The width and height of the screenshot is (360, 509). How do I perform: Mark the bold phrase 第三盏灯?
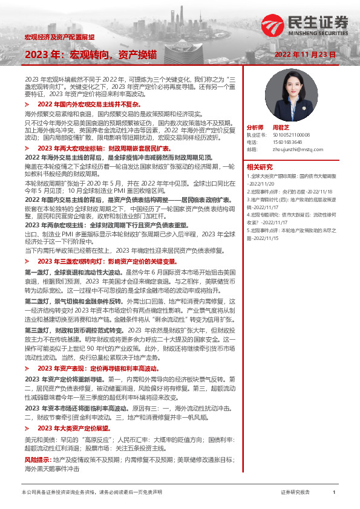click(x=37, y=330)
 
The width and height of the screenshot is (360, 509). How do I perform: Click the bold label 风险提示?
click(x=36, y=461)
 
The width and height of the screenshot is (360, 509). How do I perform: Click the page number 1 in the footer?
click(x=334, y=493)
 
